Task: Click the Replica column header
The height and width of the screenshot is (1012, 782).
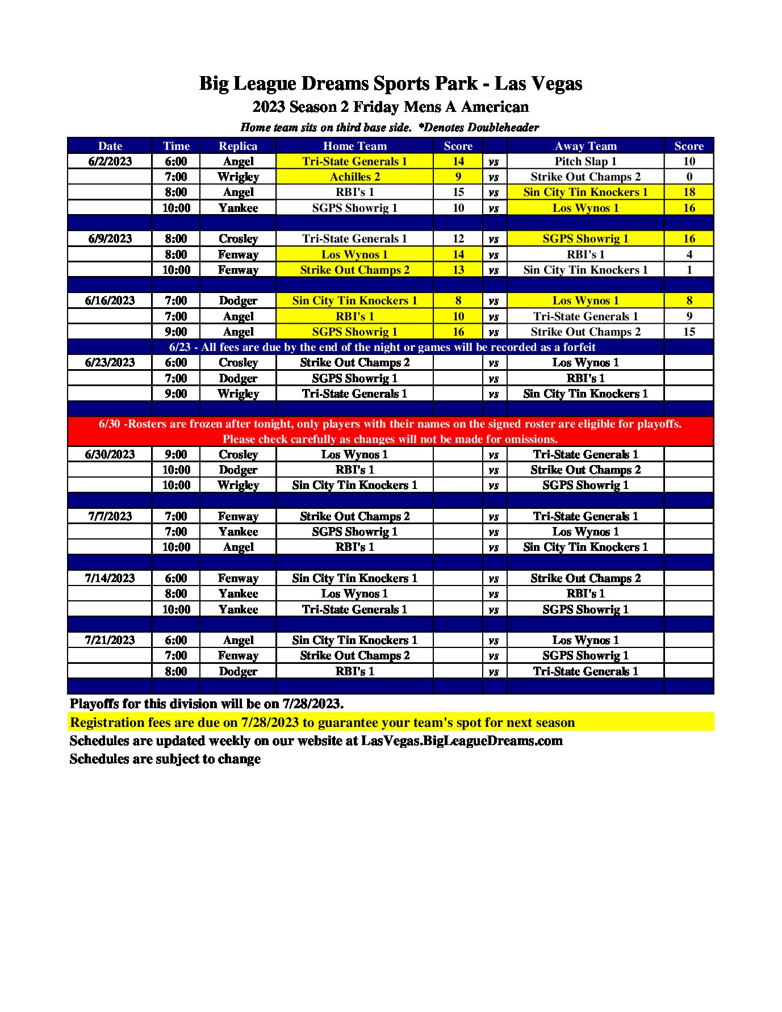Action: pos(238,146)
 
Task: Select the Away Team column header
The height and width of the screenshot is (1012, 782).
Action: pos(585,146)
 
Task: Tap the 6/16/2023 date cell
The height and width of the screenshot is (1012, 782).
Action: pos(110,300)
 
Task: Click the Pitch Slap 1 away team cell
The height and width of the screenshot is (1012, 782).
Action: pos(585,161)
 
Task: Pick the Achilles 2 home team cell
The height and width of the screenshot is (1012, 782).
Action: pos(354,177)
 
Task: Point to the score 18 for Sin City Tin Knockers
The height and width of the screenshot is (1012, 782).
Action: pos(689,192)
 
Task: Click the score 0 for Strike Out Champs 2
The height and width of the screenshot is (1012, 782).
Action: pos(689,177)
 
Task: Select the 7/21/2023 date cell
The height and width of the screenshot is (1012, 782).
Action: pos(110,640)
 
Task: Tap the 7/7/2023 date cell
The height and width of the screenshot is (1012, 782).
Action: pos(110,516)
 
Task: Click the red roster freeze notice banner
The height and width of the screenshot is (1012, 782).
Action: pos(390,431)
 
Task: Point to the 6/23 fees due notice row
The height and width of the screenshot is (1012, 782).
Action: pos(382,347)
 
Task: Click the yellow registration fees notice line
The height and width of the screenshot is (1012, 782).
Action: pos(322,722)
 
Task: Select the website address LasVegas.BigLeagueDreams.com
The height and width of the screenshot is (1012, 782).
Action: pos(462,741)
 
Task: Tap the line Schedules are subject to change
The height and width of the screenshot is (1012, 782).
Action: pos(165,759)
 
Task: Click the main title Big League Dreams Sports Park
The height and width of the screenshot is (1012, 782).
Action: pos(390,83)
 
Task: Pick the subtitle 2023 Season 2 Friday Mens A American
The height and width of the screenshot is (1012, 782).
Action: pos(390,107)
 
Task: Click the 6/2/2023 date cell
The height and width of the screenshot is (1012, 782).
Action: pos(110,161)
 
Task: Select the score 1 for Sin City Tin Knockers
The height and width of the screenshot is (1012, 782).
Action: pos(689,270)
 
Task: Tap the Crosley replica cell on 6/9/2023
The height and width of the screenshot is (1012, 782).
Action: pos(238,239)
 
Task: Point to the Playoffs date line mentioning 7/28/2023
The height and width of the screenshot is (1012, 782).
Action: pos(207,704)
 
